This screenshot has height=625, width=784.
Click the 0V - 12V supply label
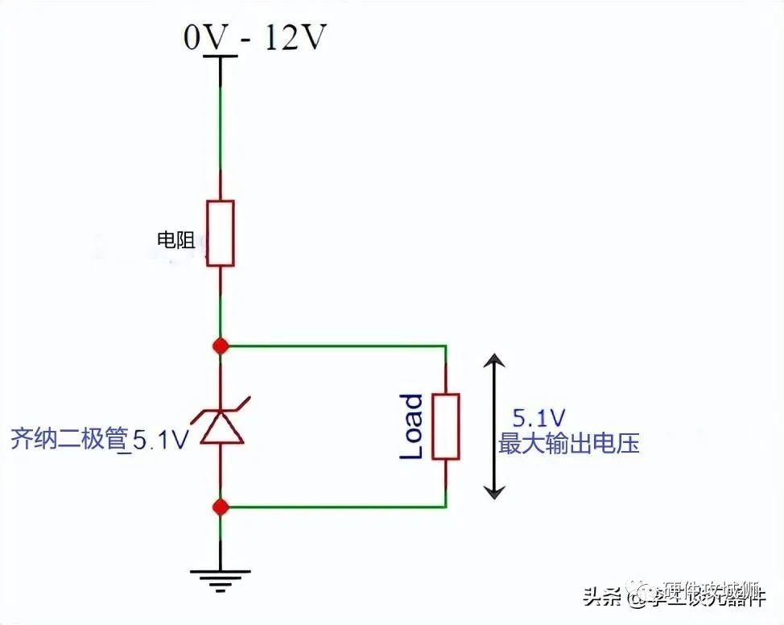[254, 37]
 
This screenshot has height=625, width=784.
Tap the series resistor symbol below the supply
[221, 233]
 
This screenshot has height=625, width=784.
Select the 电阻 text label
[176, 239]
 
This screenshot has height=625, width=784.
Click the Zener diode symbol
[221, 425]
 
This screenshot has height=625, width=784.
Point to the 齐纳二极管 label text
[69, 439]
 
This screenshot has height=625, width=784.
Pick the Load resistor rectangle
[445, 426]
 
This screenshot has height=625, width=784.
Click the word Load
[411, 426]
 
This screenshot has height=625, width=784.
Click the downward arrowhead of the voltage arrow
[494, 488]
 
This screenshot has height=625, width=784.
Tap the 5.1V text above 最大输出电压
[538, 418]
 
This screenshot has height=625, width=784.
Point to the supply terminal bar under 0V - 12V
[221, 56]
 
